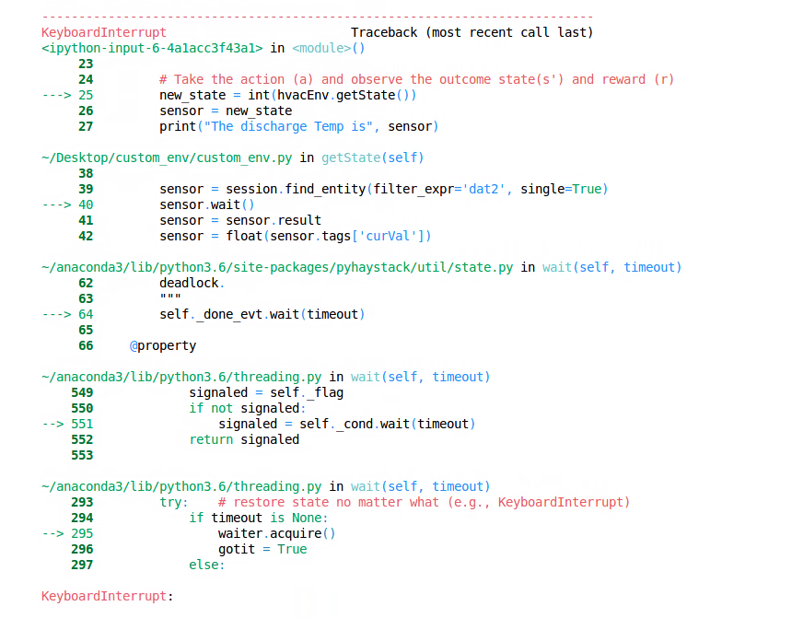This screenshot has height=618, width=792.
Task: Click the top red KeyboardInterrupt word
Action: coord(104,32)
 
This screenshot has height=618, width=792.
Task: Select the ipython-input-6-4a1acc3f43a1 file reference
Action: coord(152,48)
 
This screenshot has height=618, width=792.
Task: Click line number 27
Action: coord(86,126)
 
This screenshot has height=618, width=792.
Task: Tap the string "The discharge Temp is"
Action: coord(288,126)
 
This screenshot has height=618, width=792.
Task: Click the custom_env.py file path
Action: coord(168,157)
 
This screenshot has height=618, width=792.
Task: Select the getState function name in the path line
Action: coord(351,157)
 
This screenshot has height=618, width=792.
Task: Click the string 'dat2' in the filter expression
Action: coord(483,189)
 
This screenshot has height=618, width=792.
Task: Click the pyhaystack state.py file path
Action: coord(277,267)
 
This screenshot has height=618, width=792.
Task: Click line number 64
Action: coord(86,314)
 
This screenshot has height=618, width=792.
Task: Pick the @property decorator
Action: coord(163,345)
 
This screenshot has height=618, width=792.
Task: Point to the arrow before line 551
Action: coord(52,424)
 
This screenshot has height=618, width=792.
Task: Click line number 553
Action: coord(82,455)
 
